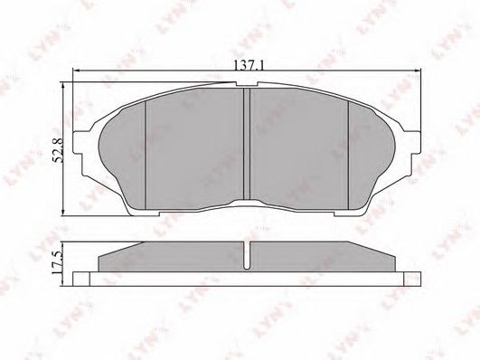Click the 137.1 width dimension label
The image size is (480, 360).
(249, 65)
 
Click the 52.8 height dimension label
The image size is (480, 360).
(58, 150)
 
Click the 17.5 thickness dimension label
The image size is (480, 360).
(57, 262)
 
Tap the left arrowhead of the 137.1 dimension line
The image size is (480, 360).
(76, 71)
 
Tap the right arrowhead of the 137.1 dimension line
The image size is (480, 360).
(418, 71)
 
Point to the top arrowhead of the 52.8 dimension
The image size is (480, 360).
(63, 86)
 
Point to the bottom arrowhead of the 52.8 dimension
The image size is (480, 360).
(63, 213)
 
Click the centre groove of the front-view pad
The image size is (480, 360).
(247, 144)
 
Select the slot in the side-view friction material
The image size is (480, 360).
(247, 255)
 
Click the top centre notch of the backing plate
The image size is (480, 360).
(247, 84)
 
